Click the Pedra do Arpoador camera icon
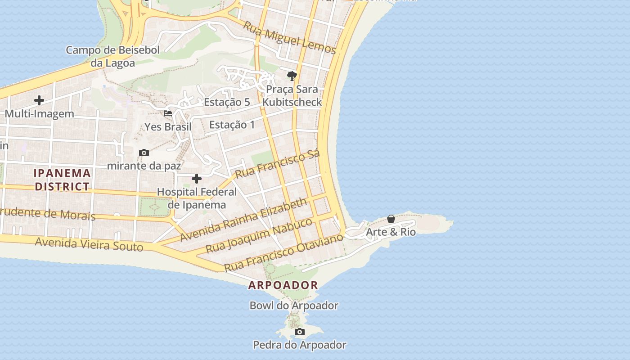coord(299,332)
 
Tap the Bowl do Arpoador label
coord(294,306)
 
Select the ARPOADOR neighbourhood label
coord(283,285)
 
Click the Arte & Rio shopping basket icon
coord(391,219)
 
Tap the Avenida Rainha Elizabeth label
coord(243,220)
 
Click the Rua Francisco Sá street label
coord(277,164)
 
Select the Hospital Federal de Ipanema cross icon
coord(197,179)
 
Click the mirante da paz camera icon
coord(144,153)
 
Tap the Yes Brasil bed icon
coord(168,113)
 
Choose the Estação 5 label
coord(227,102)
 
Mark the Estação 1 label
coord(232,125)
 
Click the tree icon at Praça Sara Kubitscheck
coord(292,76)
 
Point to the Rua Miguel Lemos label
coord(290,37)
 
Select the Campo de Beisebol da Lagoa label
coord(112,56)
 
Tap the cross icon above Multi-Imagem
coord(39,100)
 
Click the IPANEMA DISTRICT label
coord(63,180)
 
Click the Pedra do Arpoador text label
coord(299,345)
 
